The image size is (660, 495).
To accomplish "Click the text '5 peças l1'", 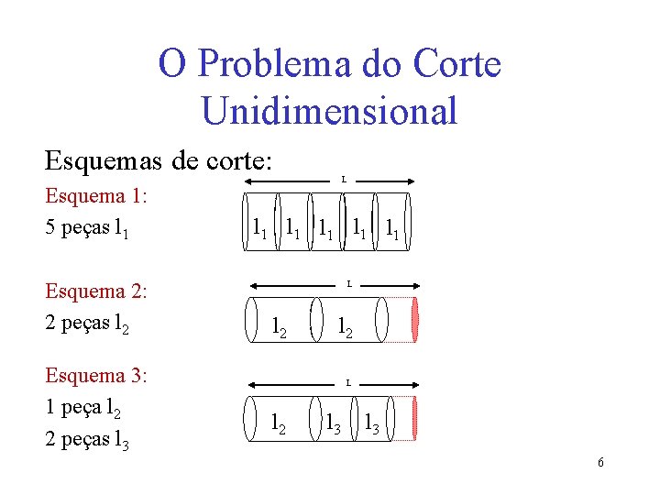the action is (86, 227).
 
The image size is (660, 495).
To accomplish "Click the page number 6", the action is (600, 463).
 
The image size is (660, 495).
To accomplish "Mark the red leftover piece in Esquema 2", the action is (415, 320).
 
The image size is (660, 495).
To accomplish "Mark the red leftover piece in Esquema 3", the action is (415, 417).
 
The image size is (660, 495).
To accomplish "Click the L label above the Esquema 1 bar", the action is (344, 180).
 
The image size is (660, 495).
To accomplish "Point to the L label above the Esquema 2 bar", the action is (348, 284).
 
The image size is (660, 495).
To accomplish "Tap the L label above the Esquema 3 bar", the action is (347, 381).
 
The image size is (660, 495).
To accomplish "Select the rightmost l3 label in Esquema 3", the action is (372, 423).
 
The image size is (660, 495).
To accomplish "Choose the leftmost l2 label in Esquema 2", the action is (280, 326).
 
